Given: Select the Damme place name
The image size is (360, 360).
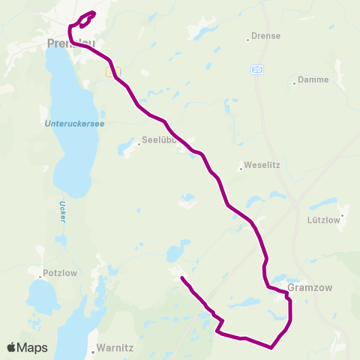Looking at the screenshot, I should pos(313,79).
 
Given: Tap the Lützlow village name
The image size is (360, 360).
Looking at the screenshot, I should pos(325,220).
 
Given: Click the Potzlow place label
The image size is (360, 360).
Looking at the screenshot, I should pos(61,273).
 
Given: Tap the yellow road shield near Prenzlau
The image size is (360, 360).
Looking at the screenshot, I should pos(110,72).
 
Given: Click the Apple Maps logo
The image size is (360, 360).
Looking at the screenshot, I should pos(27,347).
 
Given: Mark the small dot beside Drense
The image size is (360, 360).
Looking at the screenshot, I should pos(248,39).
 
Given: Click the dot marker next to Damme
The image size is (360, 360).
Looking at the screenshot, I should pos(294,83).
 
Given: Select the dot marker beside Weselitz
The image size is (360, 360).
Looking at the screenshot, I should pos(240,169).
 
